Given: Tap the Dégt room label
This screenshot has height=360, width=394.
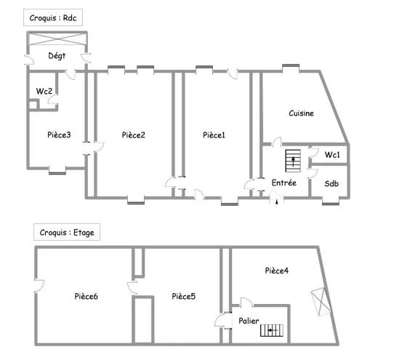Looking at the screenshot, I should (x=58, y=55).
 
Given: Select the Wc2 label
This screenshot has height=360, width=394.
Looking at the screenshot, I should (x=44, y=91).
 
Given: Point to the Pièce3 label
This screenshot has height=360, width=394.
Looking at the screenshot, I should (x=59, y=135).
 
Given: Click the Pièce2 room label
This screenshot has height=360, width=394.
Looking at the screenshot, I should (x=133, y=135).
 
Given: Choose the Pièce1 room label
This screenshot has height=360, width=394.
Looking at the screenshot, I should (x=214, y=135).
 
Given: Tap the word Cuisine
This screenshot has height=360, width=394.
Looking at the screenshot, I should (x=301, y=113).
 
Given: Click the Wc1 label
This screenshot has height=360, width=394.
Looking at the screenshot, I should (x=332, y=155).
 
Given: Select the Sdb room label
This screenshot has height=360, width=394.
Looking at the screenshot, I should (x=332, y=183).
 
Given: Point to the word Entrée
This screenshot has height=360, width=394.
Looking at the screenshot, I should (x=284, y=183).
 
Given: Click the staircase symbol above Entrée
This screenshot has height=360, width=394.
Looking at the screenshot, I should (x=294, y=160).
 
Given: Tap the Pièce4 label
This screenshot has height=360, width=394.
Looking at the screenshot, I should (x=276, y=271).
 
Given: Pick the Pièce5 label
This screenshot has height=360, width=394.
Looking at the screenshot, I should (x=184, y=296).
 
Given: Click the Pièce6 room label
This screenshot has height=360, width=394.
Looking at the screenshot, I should (x=87, y=296).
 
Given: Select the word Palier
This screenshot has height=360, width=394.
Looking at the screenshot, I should (x=249, y=320).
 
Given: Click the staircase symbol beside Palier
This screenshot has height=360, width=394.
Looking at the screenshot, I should (x=274, y=330).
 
